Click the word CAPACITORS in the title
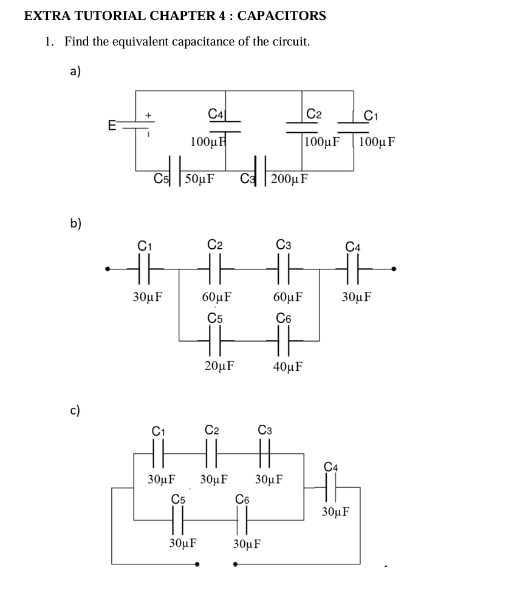pos(281,16)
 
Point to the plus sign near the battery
pos(148,114)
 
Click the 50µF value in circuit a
pos(199,179)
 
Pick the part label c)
pos(75,410)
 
